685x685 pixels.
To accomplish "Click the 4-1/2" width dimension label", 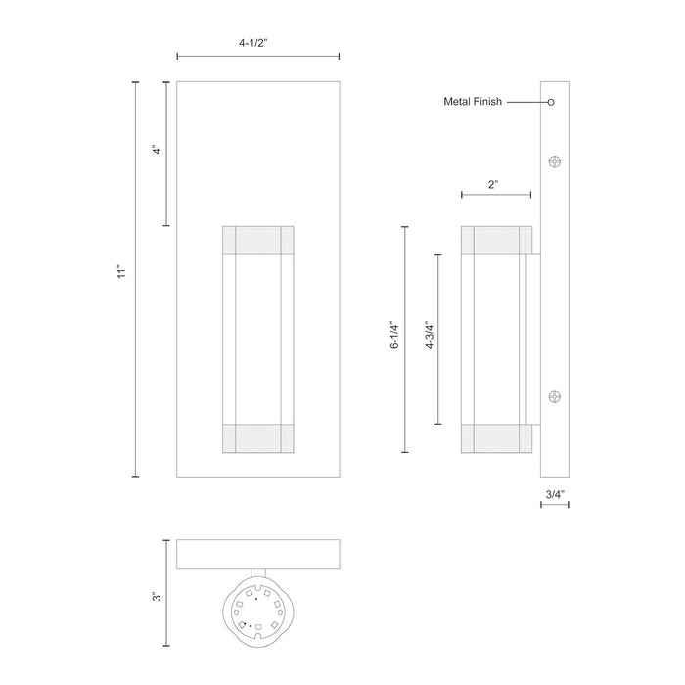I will point(257,43).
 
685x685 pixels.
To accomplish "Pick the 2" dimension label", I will point(495,183).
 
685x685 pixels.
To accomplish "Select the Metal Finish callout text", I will point(474,102).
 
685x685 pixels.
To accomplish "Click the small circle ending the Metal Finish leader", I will point(551,102).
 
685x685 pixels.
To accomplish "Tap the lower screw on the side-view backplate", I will point(556,396).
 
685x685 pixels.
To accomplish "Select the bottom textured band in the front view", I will point(258,439).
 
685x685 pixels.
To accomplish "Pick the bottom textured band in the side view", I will point(496,439).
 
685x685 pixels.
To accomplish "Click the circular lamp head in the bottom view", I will point(257,613).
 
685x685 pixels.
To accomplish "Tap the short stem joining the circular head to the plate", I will point(257,575).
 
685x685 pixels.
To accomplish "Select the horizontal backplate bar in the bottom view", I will point(257,554).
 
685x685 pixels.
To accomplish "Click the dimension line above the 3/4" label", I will point(555,506).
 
